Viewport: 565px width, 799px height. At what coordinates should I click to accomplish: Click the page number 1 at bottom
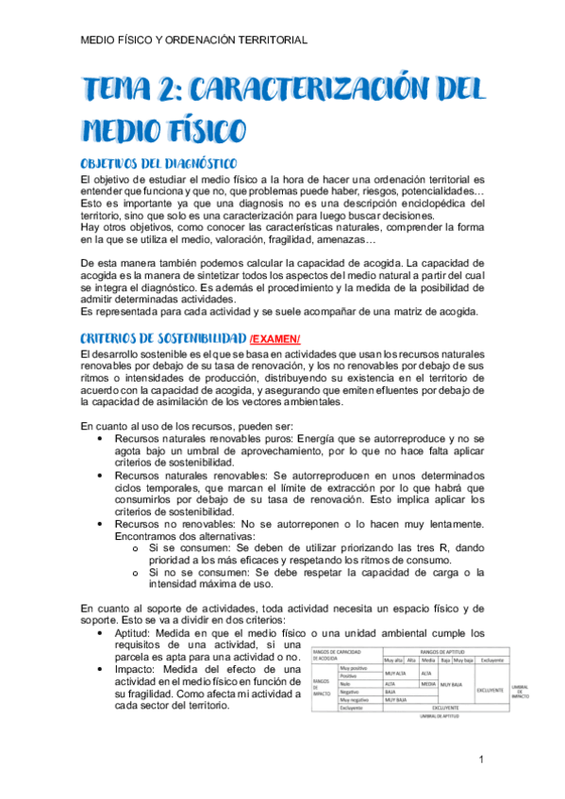481,758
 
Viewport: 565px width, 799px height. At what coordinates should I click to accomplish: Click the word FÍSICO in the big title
200,129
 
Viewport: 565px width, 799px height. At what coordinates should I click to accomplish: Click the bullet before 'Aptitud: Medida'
102,634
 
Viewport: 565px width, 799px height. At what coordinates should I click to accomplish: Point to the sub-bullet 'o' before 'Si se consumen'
138,548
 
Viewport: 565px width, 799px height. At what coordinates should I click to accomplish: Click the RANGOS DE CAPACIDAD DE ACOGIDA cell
344,654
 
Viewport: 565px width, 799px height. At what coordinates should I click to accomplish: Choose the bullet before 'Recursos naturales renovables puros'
102,438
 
